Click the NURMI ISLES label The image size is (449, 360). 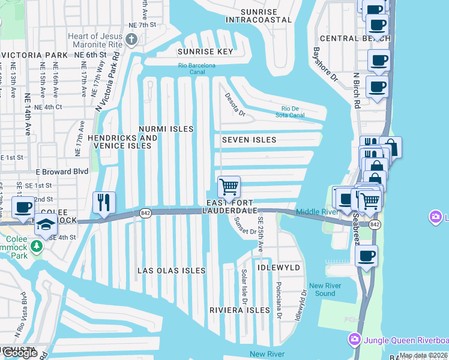point(166,129)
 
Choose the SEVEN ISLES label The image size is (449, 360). point(249,140)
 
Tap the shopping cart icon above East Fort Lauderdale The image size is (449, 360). point(229,188)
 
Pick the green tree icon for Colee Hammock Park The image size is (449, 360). point(37,246)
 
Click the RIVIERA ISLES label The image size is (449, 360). point(240,310)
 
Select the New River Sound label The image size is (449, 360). point(325,289)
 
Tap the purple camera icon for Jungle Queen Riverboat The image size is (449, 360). point(355,340)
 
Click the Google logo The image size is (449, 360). point(19,353)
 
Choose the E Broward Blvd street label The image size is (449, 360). point(62,171)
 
